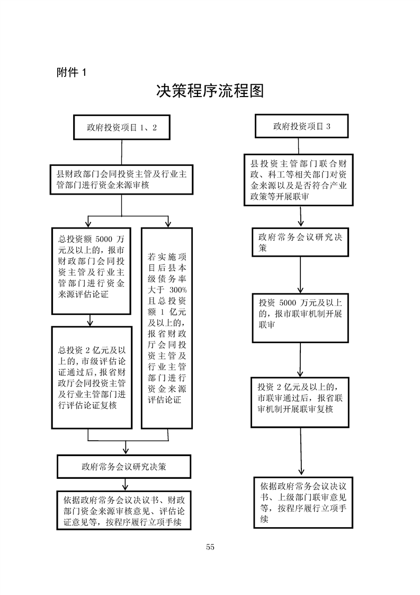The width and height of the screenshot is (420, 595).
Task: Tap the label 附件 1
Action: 71,73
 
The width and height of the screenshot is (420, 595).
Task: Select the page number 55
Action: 210,547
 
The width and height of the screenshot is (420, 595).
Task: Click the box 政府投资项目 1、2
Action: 122,127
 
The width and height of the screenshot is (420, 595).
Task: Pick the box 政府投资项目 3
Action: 301,126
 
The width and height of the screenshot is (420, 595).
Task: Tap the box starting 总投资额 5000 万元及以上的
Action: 91,271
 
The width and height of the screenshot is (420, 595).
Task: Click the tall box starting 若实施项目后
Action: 167,328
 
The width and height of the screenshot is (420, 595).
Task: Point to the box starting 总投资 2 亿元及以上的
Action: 92,377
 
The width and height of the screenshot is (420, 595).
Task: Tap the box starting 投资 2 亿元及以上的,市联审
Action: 300,401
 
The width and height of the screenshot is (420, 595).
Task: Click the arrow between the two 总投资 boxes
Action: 91,320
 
